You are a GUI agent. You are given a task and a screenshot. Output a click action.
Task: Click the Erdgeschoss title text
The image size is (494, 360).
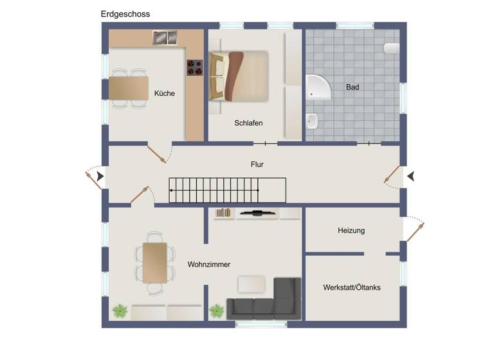tap(125, 14)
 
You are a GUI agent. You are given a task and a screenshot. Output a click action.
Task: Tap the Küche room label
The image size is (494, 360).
tap(165, 93)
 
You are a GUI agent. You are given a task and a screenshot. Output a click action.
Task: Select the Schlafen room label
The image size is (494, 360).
tap(248, 123)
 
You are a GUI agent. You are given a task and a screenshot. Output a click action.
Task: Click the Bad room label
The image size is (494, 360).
tap(352, 87)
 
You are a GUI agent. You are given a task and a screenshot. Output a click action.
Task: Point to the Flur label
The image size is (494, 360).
tap(257, 165)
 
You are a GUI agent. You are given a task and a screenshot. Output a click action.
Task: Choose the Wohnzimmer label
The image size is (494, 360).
tap(209, 264)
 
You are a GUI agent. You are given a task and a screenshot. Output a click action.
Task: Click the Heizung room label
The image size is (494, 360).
tap(351, 230)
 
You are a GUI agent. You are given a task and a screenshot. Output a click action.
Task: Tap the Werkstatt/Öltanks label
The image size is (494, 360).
tap(352, 287)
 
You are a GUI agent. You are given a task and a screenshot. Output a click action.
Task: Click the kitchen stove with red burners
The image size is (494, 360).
tap(194, 67)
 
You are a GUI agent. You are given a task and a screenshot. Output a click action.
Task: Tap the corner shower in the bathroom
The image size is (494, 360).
tap(318, 87)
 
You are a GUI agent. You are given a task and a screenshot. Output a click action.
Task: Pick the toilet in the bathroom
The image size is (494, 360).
tap(392, 48)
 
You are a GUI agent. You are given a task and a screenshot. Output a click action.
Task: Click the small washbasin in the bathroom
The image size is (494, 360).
tap(313, 120)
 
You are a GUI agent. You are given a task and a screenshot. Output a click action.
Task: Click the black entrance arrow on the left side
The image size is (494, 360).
tap(99, 175)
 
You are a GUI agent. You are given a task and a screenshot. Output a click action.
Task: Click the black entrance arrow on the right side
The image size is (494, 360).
tap(410, 175)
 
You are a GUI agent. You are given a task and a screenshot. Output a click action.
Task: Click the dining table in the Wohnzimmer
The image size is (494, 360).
tap(154, 262)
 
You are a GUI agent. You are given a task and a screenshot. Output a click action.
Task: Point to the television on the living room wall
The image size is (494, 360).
tap(257, 212)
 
